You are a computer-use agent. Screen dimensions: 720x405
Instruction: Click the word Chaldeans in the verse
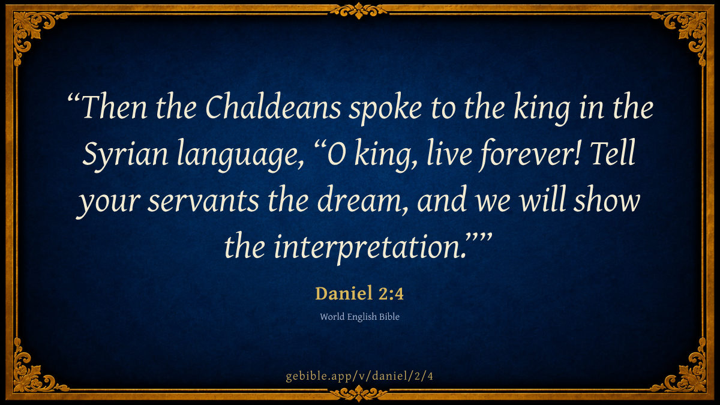(x=273, y=106)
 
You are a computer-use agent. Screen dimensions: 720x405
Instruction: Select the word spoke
(x=385, y=109)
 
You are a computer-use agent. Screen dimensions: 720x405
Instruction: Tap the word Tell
(x=613, y=152)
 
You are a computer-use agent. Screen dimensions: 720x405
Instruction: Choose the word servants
(x=203, y=201)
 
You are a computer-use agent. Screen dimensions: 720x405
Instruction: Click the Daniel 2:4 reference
(x=359, y=293)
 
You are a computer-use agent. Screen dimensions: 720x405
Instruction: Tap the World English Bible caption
(x=359, y=317)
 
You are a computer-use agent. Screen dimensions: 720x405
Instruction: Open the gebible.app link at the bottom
(x=359, y=376)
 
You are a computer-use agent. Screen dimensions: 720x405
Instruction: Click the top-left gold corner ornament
(x=31, y=31)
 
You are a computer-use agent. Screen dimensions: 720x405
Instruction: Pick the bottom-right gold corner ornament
(x=689, y=374)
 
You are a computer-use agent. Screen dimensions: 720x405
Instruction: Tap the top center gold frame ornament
(x=359, y=11)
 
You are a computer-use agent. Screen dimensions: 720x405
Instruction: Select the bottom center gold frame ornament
(x=359, y=394)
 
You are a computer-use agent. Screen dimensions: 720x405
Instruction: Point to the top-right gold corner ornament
(x=689, y=31)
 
